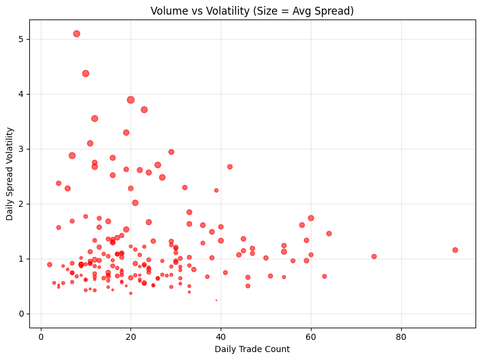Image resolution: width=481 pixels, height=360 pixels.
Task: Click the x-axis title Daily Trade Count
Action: pos(252,349)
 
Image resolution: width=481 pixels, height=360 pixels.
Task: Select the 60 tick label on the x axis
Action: pos(311,336)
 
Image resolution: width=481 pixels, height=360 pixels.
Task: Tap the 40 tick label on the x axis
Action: pos(221,336)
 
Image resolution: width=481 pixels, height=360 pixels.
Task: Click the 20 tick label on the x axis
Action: pos(130,336)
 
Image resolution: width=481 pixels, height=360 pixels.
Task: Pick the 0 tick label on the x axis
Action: pos(41,336)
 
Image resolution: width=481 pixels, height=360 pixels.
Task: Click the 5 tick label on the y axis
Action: pos(21,39)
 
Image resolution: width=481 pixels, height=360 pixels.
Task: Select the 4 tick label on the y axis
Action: pos(21,94)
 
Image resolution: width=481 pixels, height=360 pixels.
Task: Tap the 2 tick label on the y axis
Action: pos(21,204)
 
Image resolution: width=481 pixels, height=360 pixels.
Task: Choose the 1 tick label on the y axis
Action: pos(21,259)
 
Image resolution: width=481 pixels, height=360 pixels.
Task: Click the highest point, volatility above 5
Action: pos(77,34)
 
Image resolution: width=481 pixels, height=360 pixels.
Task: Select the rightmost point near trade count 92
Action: pos(455,250)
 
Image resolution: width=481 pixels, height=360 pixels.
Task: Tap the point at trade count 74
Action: pos(374,257)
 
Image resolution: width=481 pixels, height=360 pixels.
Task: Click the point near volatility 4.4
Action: pos(86,73)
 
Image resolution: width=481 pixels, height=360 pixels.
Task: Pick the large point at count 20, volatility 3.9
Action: pos(130,100)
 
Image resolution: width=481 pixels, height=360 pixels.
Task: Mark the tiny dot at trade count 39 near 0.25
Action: pos(216,300)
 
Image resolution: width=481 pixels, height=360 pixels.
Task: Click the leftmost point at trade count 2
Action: pos(49,265)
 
